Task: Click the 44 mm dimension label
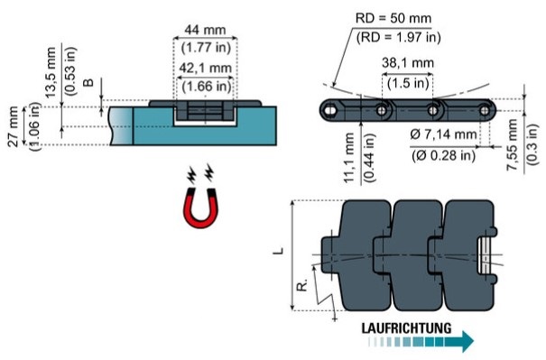click(x=205, y=30)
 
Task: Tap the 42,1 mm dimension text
click(x=206, y=68)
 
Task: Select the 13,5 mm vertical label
click(x=51, y=72)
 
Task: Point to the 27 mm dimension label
click(x=13, y=126)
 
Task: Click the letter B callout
click(x=89, y=82)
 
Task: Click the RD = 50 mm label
click(x=393, y=18)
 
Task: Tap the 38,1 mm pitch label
click(x=408, y=62)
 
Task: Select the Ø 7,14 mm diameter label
click(x=443, y=134)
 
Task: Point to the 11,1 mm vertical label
click(x=349, y=157)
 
